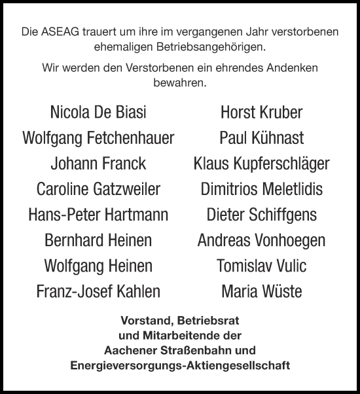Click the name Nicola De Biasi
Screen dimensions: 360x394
98,113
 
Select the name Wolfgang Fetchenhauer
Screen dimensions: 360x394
98,138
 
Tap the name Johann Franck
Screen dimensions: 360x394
98,164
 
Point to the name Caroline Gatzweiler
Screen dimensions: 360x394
98,189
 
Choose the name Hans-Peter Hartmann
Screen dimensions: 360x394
98,215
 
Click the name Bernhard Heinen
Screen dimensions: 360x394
98,240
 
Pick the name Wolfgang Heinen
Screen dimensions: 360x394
98,266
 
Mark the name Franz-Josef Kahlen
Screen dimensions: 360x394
98,291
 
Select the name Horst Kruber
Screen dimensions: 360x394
262,113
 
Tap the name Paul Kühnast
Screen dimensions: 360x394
262,138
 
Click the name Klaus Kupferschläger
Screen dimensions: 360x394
262,164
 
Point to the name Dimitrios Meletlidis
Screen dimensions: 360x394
262,189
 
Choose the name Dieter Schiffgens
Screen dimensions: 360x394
262,215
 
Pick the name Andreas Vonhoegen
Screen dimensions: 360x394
262,240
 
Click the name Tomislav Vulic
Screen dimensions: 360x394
262,266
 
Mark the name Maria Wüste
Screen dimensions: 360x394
262,291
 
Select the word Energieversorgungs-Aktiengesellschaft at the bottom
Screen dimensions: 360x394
180,365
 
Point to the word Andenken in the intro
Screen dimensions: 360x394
294,67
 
